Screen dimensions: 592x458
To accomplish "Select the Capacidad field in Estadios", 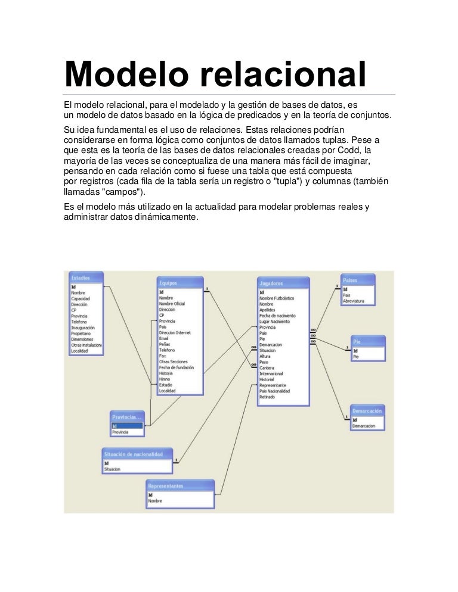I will [x=81, y=299].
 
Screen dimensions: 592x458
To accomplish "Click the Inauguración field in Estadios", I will [x=83, y=328].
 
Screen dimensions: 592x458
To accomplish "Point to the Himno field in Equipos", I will [x=165, y=379].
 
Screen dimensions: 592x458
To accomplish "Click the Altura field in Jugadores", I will [x=265, y=356].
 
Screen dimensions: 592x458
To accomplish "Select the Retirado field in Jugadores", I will [x=267, y=397].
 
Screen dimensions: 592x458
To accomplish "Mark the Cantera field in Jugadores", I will [x=267, y=368].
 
